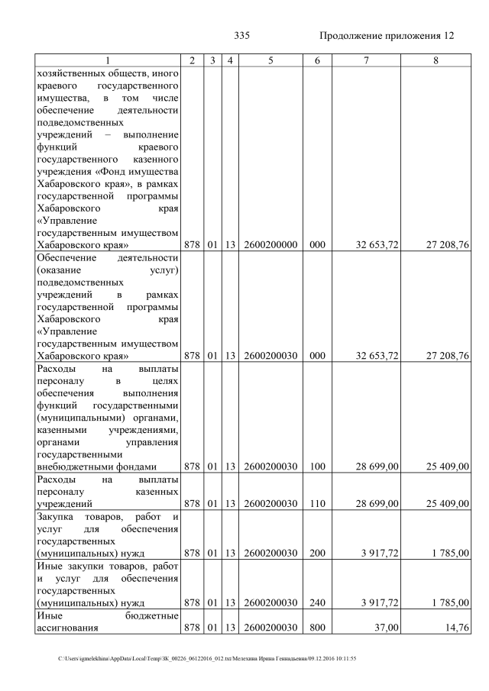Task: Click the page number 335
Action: (x=241, y=35)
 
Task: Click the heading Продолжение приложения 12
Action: (x=387, y=35)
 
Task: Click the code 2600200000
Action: (x=270, y=245)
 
